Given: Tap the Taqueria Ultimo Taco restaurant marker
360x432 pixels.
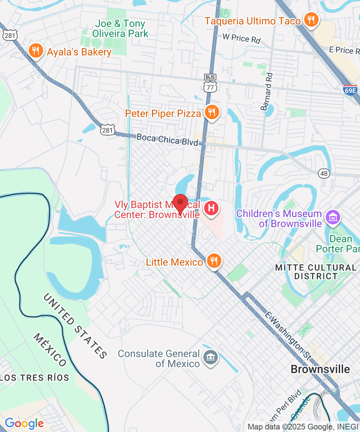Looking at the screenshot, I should (x=310, y=19).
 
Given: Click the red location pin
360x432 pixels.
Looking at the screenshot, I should (x=180, y=203).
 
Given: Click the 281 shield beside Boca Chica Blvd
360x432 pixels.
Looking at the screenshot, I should (x=108, y=130).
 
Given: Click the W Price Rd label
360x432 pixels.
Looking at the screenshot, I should (x=241, y=38).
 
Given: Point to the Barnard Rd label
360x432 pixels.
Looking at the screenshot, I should (x=267, y=91).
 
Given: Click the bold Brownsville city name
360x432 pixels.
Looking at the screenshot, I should (x=320, y=369).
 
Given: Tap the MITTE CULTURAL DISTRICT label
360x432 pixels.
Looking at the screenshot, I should (x=315, y=272).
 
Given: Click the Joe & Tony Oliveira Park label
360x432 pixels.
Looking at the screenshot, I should (x=120, y=29).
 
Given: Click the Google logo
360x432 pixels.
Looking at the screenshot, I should (x=24, y=423).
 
